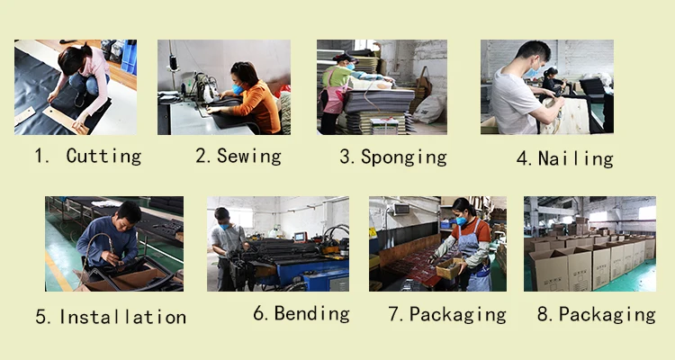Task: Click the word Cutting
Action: click(x=103, y=157)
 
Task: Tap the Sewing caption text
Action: click(x=248, y=157)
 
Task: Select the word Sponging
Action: click(x=404, y=157)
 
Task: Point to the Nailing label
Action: click(x=576, y=158)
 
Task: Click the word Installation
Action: click(x=122, y=317)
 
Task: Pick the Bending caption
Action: click(x=311, y=313)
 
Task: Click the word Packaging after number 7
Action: click(x=457, y=314)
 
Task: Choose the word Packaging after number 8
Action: click(x=607, y=314)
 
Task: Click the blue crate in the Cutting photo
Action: click(x=129, y=57)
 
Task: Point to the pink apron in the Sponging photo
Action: click(x=333, y=98)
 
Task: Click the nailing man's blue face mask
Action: click(x=532, y=72)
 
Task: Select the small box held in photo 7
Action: click(x=448, y=268)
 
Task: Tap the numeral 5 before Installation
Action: click(x=40, y=317)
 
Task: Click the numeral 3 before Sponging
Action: click(x=345, y=157)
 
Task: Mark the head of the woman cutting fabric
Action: click(x=72, y=59)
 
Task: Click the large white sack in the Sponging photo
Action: click(x=429, y=110)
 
